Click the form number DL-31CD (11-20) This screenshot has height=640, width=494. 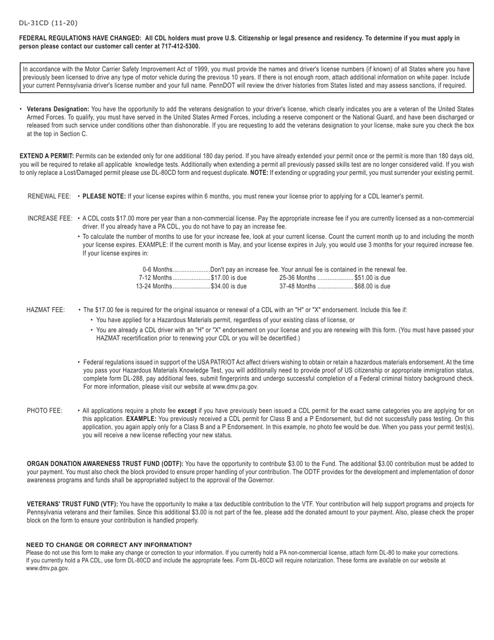tap(48, 23)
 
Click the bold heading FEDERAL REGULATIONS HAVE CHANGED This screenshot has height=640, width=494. tap(80, 39)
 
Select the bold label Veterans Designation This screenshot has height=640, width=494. tap(58, 109)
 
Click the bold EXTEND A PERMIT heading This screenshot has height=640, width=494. tap(47, 156)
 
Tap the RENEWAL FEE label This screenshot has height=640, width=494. tap(49, 197)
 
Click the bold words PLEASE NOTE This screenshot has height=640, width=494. tap(104, 197)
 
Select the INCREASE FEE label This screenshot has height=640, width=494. tap(49, 219)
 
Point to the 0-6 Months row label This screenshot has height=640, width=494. tap(157, 270)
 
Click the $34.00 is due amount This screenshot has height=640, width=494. tap(229, 286)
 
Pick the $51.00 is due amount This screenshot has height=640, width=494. tap(372, 278)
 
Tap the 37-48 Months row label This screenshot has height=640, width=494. tap(297, 286)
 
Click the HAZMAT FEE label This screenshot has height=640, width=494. tap(46, 310)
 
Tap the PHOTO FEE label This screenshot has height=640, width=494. tap(45, 411)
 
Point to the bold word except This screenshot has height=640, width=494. tap(187, 411)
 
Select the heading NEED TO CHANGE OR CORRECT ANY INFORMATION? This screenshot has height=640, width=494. tap(109, 545)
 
